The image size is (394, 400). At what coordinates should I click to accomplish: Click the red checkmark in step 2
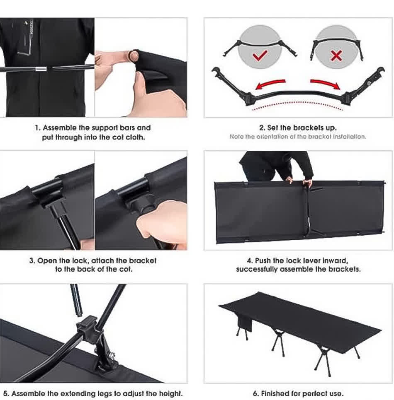[260, 55]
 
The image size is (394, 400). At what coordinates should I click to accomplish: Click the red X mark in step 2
[336, 55]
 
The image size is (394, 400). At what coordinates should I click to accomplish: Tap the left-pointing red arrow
[270, 84]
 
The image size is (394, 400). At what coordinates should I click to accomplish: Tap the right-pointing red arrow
[326, 84]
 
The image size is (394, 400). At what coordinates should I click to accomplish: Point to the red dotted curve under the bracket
[297, 104]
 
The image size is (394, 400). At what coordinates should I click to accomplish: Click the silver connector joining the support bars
[41, 69]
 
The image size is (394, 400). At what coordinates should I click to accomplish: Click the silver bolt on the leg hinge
[112, 355]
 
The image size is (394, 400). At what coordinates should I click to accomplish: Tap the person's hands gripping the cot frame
[299, 181]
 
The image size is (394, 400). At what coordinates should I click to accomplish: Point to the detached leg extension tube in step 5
[76, 300]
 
